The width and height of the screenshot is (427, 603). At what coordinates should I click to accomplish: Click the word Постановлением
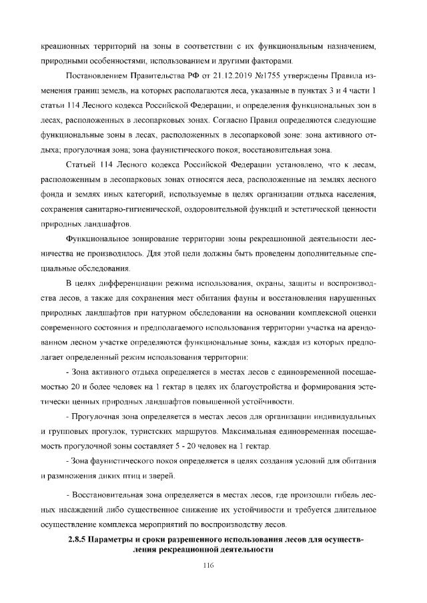(x=93, y=71)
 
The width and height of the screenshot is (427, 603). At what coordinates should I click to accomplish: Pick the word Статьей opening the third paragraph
(x=81, y=164)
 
